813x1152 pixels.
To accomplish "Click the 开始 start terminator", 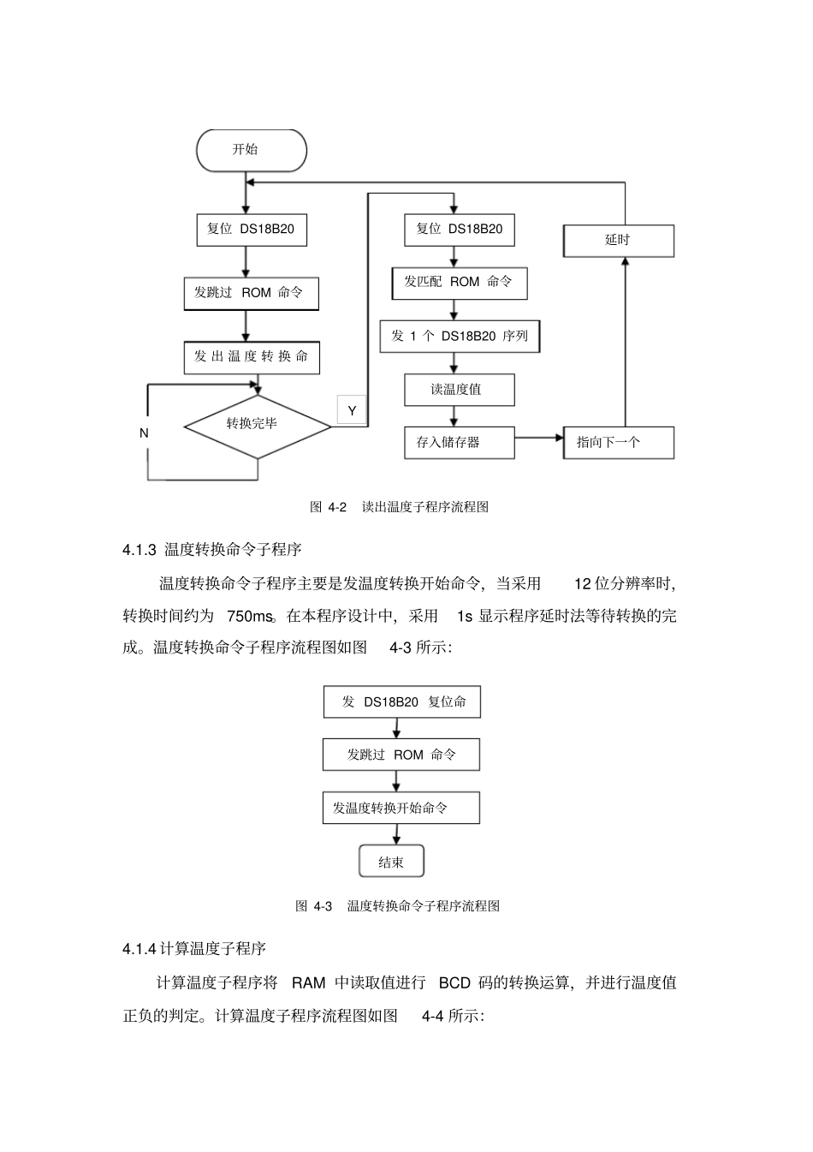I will coord(251,150).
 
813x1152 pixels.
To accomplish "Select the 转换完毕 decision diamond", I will coord(257,426).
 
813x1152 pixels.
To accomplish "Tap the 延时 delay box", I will coord(618,241).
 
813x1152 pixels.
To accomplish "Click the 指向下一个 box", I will coord(618,443).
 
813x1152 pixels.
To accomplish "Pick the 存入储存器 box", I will coord(460,443).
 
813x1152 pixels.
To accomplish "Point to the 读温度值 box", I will coord(460,390).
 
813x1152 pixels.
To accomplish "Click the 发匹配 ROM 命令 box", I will coord(460,283).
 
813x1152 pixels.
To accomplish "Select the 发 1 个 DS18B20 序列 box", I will coord(460,336).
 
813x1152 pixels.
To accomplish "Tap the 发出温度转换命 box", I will coord(252,357).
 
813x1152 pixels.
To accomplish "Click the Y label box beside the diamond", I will coord(352,411).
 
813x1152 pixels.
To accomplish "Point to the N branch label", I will coord(144,433).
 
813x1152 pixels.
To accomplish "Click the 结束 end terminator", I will coord(391,862).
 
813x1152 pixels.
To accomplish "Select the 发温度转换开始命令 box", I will coord(401,808).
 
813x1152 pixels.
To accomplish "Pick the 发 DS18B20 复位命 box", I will coord(401,701).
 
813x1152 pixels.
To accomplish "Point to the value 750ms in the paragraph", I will coord(250,616).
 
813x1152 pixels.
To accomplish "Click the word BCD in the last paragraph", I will coord(454,982).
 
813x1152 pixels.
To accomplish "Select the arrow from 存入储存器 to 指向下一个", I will coord(539,438).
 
